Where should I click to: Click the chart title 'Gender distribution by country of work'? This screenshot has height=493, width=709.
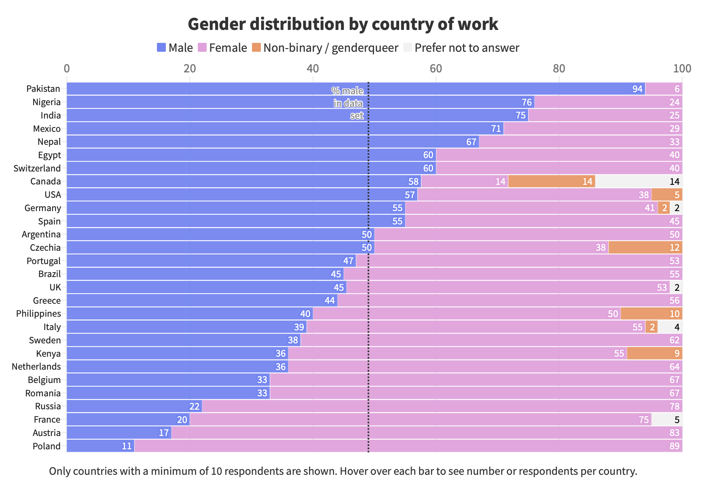point(343,24)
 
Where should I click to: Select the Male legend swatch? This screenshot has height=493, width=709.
point(161,48)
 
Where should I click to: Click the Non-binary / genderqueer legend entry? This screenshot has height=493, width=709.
point(330,48)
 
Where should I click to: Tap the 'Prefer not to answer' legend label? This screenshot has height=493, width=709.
point(467,48)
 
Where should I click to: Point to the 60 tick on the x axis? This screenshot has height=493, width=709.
point(436,68)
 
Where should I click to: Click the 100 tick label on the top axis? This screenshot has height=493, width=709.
point(682,68)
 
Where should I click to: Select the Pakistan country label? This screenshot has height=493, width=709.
point(43,89)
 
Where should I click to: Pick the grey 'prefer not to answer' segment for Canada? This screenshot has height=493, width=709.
point(638,181)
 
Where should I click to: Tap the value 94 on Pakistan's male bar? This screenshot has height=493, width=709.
point(637,89)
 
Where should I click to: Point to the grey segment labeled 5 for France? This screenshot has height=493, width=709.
point(667,419)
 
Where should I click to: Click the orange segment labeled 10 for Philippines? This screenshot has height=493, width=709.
point(651,313)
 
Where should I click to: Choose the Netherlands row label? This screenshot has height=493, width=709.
point(36,366)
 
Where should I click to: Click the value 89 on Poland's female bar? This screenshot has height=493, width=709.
point(674,446)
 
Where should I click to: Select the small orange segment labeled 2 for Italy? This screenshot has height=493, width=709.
point(651,327)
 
